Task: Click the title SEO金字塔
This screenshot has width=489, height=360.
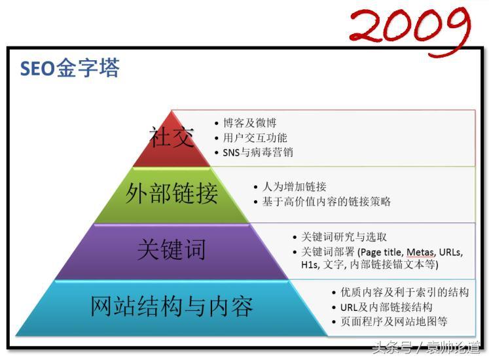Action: [70, 67]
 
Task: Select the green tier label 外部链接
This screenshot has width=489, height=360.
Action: [172, 193]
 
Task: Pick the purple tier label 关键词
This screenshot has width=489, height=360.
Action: [172, 249]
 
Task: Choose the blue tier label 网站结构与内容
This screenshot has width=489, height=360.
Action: [172, 306]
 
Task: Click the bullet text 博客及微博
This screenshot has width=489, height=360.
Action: [249, 123]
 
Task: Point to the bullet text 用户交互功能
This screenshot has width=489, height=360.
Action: [255, 137]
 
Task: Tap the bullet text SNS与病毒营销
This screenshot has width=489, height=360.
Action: [258, 153]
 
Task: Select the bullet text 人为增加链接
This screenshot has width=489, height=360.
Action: [294, 187]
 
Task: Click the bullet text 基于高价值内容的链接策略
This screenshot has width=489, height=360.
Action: [326, 202]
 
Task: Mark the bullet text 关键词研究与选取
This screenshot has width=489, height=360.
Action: [344, 237]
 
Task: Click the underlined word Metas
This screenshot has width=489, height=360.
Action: [421, 252]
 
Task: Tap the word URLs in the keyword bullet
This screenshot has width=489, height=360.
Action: [450, 252]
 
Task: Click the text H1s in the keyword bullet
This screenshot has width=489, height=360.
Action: [310, 264]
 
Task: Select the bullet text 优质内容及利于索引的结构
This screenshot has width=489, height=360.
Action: [405, 293]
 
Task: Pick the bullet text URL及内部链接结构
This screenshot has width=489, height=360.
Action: [386, 307]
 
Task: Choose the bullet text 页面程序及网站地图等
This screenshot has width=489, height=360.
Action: [393, 321]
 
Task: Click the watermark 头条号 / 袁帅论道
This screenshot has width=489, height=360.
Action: [427, 348]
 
